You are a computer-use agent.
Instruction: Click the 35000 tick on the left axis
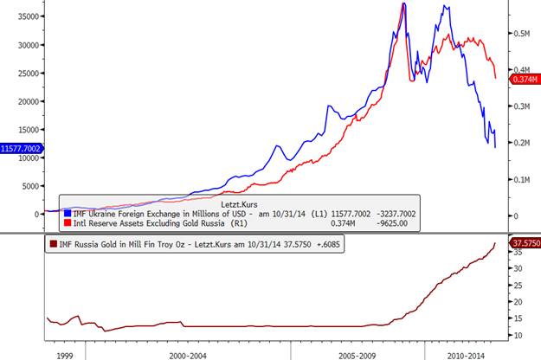point(27,16)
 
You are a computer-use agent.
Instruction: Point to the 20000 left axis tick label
point(27,101)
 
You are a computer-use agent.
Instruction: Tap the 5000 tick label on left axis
point(30,186)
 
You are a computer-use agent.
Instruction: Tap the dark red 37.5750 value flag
point(523,243)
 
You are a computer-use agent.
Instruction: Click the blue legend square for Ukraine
point(68,213)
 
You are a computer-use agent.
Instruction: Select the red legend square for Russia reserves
point(68,222)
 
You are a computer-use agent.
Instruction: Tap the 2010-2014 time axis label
point(467,354)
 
